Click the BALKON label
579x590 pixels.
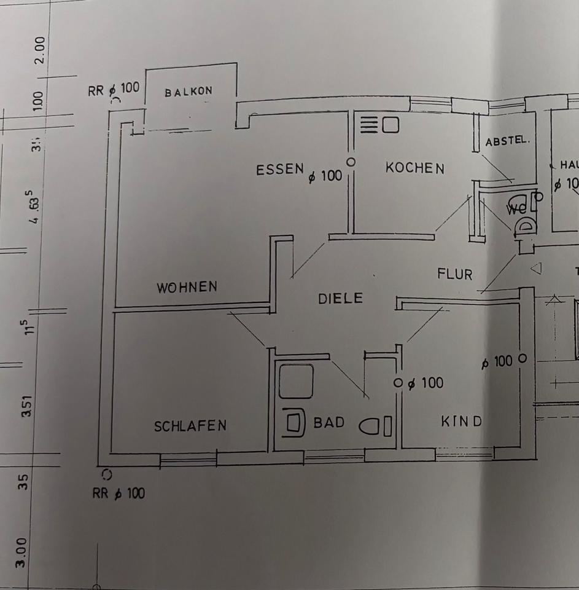(188, 92)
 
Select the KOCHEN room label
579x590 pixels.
(414, 167)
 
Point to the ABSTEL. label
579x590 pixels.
(507, 141)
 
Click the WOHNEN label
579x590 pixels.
(187, 286)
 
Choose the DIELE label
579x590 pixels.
(340, 299)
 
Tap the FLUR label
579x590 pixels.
(455, 273)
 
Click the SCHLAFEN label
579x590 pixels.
(190, 425)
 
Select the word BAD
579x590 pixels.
(329, 423)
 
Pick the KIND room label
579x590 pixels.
(461, 422)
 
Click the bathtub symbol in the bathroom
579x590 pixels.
(296, 381)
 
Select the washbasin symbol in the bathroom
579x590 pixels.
(295, 423)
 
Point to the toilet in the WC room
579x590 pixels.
(525, 226)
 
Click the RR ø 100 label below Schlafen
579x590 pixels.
(119, 493)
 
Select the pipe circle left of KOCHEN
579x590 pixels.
(351, 162)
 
